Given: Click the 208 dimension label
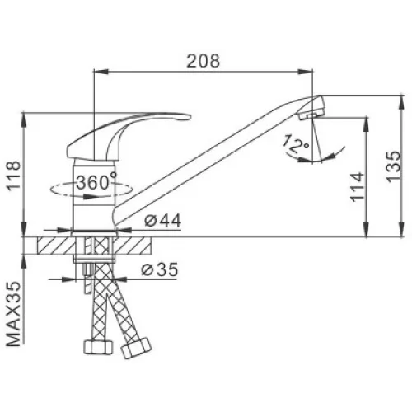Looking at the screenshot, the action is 204,61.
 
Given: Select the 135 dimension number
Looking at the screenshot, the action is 393,166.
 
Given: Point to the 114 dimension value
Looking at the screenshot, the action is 358,187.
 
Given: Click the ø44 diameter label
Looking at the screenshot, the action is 163,220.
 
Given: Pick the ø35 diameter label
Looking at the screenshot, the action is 160,269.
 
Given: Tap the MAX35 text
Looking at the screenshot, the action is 14,314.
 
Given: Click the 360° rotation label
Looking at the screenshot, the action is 96,182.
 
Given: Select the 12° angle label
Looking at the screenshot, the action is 295,144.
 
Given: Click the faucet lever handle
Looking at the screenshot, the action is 124,132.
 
